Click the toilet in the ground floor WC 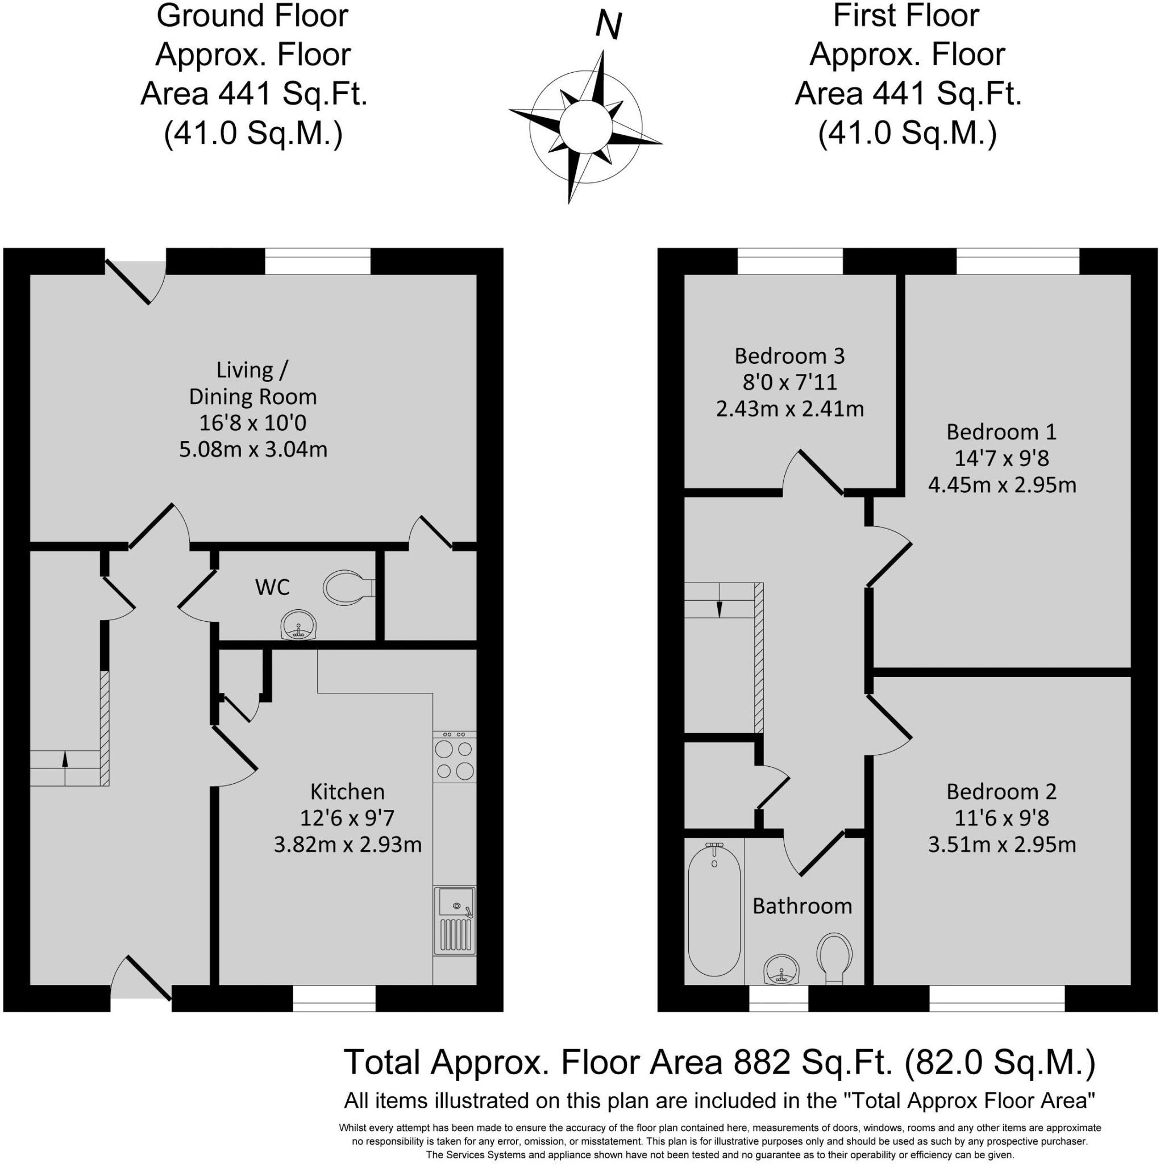[x=347, y=588]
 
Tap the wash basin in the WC [x=298, y=625]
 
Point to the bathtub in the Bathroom [x=714, y=910]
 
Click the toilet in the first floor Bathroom [x=834, y=957]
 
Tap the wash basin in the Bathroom [x=782, y=970]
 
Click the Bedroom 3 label [x=789, y=356]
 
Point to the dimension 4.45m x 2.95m [x=1001, y=485]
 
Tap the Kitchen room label [x=347, y=792]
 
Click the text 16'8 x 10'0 [x=252, y=423]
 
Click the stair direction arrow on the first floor [x=719, y=609]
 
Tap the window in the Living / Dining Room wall [x=318, y=261]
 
